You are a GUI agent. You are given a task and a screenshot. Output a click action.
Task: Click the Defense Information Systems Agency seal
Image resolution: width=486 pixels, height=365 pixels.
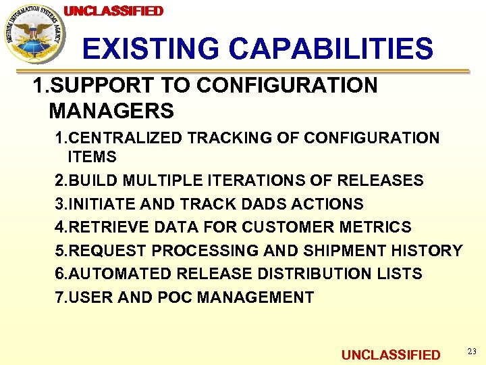pyautogui.click(x=33, y=34)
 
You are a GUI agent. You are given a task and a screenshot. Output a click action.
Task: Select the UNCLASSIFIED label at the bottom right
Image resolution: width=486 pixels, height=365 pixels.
pyautogui.click(x=391, y=355)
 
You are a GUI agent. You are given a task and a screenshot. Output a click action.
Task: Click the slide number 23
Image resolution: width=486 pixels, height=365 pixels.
pyautogui.click(x=471, y=351)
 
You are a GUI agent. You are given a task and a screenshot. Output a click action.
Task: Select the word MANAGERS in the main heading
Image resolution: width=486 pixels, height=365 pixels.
pyautogui.click(x=111, y=109)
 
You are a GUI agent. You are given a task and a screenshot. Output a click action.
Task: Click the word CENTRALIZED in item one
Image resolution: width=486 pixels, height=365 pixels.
pyautogui.click(x=126, y=139)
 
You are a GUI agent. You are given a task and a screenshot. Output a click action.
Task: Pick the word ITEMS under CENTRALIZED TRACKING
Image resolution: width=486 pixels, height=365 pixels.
pyautogui.click(x=92, y=157)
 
